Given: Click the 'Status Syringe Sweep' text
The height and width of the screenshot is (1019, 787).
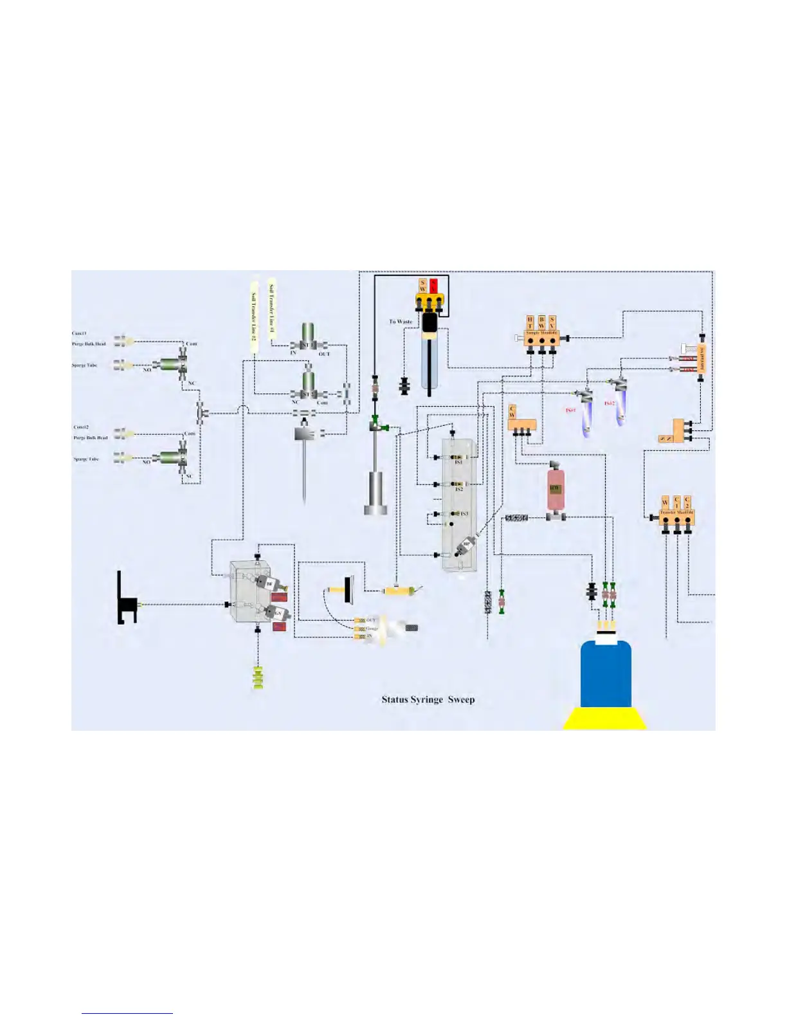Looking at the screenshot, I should [x=428, y=699].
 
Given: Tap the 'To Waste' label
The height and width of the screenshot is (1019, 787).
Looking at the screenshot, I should [x=401, y=322].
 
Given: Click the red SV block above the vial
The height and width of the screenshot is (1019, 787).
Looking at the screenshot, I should [x=433, y=285].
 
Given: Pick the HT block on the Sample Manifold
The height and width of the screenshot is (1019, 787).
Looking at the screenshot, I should [x=530, y=323].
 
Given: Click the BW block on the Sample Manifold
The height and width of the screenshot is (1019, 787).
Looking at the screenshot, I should [x=541, y=323].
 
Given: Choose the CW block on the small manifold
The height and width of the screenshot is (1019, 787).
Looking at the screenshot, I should [x=512, y=412].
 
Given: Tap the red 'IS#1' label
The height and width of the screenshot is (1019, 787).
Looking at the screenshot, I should [x=570, y=410].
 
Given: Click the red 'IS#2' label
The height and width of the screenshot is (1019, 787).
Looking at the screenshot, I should [x=609, y=403].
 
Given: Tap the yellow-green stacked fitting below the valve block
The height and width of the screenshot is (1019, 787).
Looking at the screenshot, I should [x=258, y=678].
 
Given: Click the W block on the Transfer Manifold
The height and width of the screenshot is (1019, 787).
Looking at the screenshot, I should [x=665, y=502].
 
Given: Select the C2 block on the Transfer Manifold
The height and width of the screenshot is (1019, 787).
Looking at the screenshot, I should [x=687, y=502].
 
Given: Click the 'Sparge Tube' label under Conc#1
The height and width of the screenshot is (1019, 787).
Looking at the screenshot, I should [x=85, y=365].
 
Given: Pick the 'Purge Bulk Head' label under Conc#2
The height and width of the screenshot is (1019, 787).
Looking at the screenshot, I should [x=91, y=438].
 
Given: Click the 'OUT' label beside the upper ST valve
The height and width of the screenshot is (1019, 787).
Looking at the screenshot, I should [x=324, y=354].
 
